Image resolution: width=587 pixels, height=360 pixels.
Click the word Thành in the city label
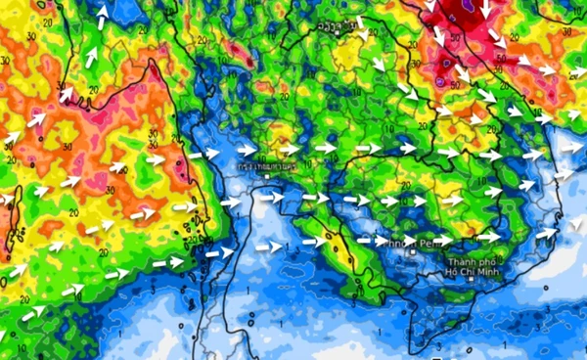(x=460, y=262)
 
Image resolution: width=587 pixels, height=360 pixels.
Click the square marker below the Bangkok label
(x=266, y=179)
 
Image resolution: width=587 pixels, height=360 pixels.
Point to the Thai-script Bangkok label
(x=261, y=167)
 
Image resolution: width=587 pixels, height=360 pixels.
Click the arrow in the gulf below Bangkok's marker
(x=273, y=197)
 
